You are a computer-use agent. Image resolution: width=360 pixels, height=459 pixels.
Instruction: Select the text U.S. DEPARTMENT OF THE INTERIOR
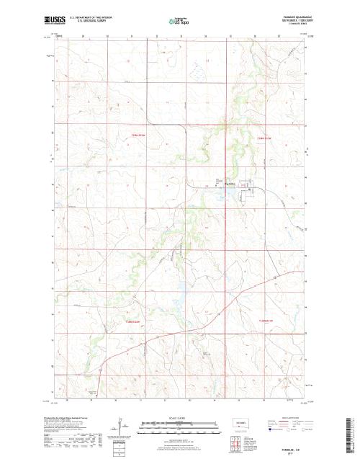click(94, 16)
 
